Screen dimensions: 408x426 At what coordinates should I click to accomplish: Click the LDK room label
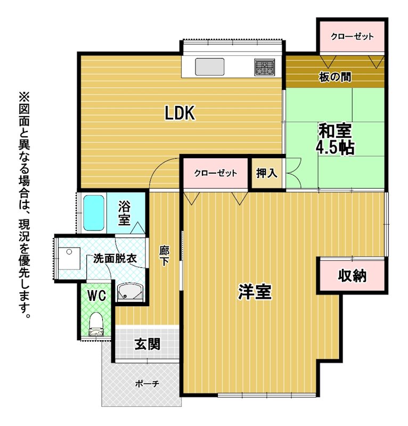click(x=180, y=113)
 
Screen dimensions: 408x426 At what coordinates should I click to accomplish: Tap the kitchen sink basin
click(x=210, y=67)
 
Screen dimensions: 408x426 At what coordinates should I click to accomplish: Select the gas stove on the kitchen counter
click(x=264, y=67)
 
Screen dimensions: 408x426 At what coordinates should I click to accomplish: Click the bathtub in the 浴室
click(x=94, y=213)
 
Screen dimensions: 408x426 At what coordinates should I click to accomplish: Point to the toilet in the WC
click(x=96, y=324)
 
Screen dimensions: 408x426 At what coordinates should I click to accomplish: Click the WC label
click(x=96, y=296)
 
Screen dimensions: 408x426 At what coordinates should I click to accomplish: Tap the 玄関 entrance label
click(x=148, y=344)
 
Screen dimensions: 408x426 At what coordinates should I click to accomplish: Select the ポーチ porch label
click(x=147, y=384)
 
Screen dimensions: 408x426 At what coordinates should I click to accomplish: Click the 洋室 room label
click(x=255, y=291)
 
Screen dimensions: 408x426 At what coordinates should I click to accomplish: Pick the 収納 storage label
click(x=352, y=276)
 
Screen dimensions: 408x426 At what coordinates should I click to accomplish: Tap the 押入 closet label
click(x=267, y=173)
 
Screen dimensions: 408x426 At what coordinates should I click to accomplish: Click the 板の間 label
click(x=335, y=77)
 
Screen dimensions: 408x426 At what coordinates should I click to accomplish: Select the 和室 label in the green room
click(x=335, y=130)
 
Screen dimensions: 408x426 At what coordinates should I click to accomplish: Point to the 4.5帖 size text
click(x=335, y=148)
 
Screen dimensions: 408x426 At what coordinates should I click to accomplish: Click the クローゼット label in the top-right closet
click(x=352, y=36)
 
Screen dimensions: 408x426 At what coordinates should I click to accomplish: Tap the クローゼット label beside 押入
click(x=216, y=173)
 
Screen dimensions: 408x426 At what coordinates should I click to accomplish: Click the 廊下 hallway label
click(x=164, y=256)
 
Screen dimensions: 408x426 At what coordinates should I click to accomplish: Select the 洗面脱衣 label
click(x=115, y=259)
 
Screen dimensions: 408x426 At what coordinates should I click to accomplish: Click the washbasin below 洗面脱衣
click(x=130, y=292)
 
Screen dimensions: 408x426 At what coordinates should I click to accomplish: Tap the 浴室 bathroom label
click(x=124, y=213)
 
